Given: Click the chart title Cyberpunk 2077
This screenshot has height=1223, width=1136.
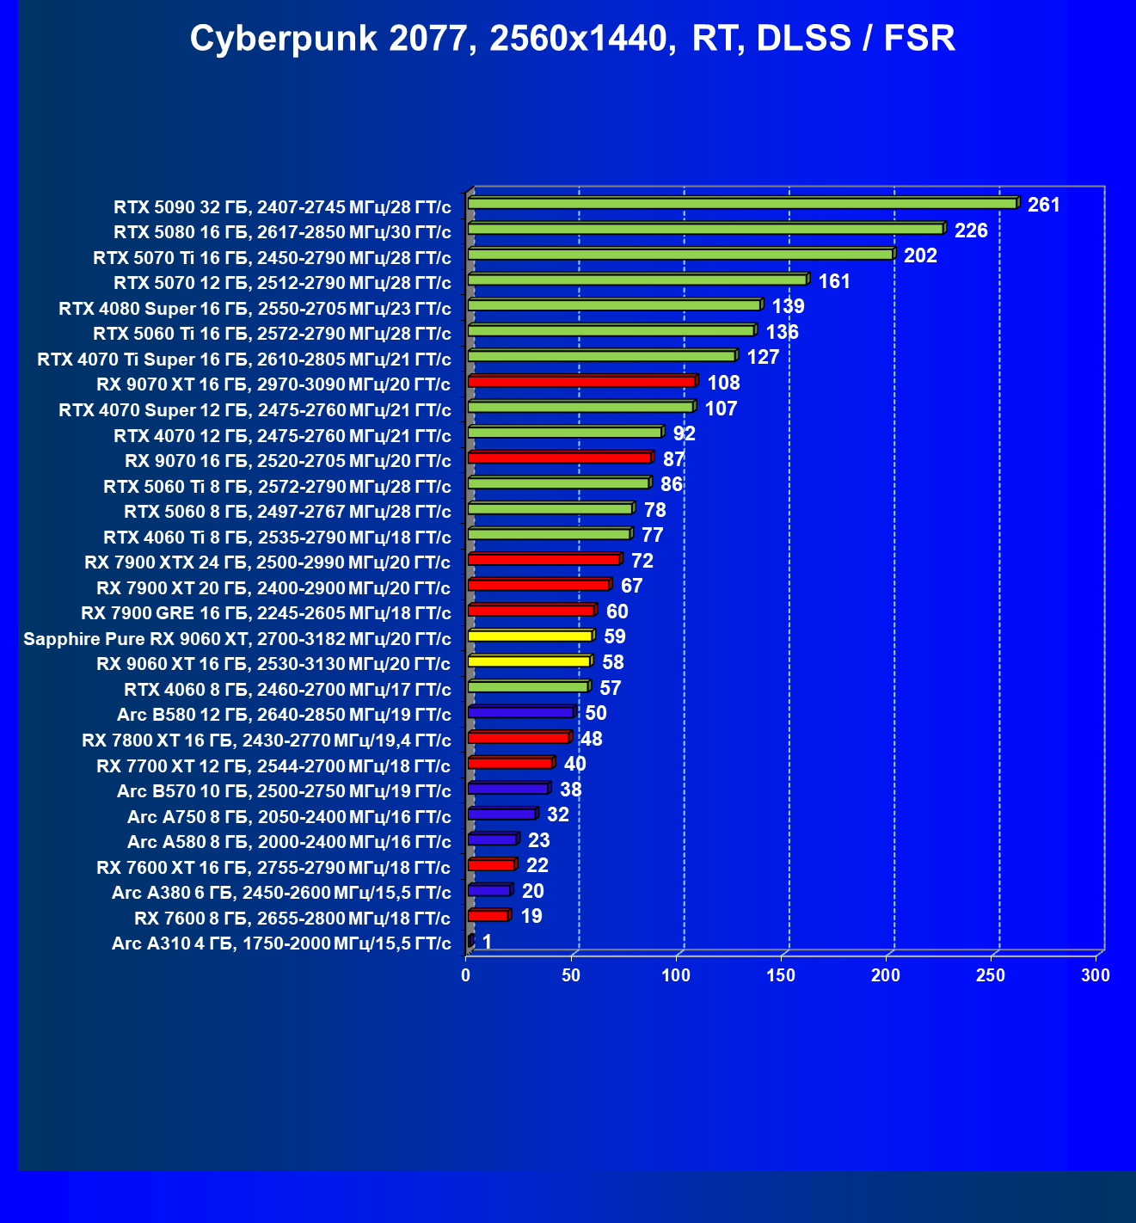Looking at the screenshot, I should point(572,39).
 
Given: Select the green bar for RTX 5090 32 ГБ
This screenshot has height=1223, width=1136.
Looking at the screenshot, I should point(742,203).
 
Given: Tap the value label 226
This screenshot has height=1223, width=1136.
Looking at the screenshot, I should point(971,230).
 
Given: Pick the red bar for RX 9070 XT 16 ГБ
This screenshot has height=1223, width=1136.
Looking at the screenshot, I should point(581,381).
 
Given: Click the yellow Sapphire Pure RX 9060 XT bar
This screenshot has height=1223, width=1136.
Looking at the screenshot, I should point(530,636).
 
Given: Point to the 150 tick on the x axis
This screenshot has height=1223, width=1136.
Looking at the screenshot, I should point(781,975).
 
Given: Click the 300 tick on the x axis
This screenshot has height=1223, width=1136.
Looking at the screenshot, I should point(1096,975).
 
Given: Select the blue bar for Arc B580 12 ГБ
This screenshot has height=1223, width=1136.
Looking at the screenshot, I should point(520,712).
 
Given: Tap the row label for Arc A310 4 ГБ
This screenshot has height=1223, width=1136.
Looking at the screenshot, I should point(281,943).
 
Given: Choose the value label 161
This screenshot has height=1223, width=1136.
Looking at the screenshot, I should point(834,281).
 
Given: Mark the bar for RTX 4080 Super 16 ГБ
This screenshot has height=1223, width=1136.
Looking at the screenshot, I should point(614,305).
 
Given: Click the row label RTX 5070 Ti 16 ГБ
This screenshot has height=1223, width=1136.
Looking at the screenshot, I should point(272,257).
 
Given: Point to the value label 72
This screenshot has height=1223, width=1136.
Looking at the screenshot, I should point(642,561).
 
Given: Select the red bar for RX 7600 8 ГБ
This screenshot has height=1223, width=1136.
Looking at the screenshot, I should point(488,915).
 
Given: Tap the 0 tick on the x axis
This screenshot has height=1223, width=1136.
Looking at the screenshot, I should point(466,975).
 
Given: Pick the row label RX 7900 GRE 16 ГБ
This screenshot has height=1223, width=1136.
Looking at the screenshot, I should point(266,613).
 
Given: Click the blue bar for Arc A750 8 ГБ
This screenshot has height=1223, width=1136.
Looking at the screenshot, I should point(502,814).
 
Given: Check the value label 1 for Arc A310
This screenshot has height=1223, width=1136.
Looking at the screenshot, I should point(487,942).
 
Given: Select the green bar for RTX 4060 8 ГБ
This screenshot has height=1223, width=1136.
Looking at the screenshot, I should point(528,686).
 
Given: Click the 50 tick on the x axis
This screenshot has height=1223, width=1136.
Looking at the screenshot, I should point(571,975).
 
